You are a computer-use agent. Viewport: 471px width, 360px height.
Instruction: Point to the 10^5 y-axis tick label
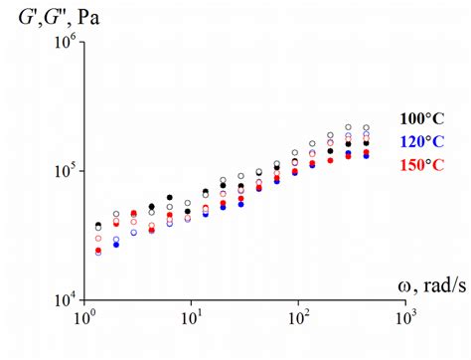pos(62,171)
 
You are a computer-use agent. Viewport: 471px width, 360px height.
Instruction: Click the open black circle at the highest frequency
pos(367,128)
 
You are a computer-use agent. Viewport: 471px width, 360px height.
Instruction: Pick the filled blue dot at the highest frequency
pos(367,155)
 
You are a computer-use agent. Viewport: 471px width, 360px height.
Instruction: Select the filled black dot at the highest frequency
pos(367,143)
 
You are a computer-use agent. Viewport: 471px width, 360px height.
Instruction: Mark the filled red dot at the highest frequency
pos(367,151)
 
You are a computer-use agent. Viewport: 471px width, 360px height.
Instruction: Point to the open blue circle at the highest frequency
pos(367,133)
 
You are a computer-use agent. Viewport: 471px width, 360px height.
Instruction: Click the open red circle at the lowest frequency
pos(98,239)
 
